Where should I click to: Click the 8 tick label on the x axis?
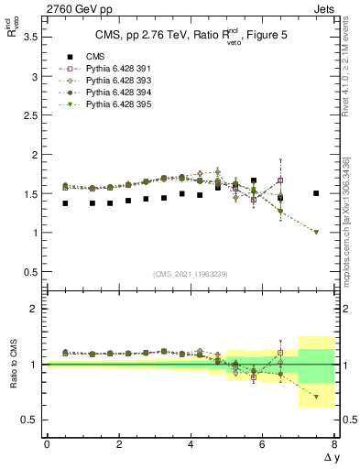pos(334,444)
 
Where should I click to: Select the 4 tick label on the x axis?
pos(191,444)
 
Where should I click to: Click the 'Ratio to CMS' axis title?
pos(13,364)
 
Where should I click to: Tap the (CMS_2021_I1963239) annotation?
pos(191,273)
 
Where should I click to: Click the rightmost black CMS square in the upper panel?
pos(316,193)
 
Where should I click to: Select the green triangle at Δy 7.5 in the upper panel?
pos(316,232)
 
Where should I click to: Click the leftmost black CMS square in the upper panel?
pos(64,203)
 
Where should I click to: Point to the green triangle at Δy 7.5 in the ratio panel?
pos(316,397)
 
